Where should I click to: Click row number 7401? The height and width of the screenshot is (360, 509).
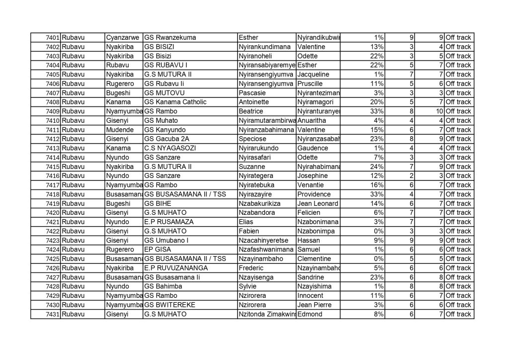tap(52, 38)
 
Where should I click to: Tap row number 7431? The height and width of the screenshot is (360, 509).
tap(52, 314)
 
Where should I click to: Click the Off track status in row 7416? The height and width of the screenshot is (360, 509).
tap(458, 176)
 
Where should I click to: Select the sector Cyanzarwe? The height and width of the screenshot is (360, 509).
tap(123, 38)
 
